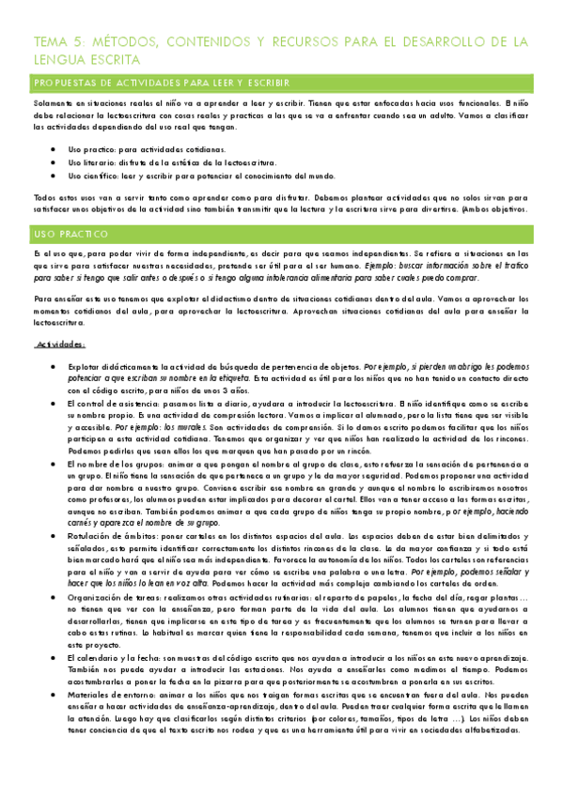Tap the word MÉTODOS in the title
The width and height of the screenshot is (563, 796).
point(130,41)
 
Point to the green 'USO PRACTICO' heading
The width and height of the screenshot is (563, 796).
point(70,231)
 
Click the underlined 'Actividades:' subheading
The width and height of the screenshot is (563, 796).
point(60,319)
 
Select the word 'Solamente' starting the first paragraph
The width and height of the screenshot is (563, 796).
point(53,101)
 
